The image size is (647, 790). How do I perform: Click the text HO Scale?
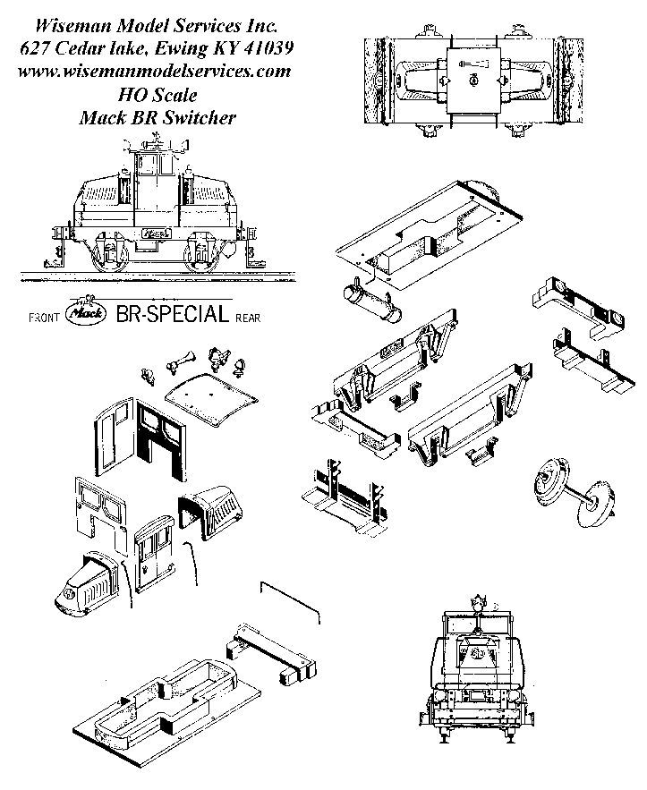click(x=157, y=93)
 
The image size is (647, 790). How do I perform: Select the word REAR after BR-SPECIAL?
click(x=248, y=318)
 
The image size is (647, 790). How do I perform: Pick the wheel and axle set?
click(x=571, y=491)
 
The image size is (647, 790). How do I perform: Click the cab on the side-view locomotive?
click(x=154, y=183)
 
